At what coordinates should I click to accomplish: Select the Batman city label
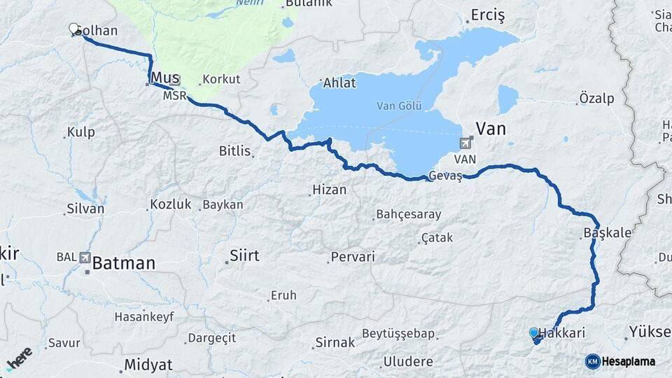(124, 264)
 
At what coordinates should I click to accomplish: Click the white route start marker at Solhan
(73, 28)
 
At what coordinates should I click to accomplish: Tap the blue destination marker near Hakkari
(534, 333)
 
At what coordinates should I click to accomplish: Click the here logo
(19, 359)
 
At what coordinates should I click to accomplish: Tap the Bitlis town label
(235, 150)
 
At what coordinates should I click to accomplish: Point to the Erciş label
(488, 15)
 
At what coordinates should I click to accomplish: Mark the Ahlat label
(339, 83)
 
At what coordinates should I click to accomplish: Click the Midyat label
(148, 365)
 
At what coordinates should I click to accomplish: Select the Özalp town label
(596, 98)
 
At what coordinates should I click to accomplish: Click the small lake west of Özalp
(507, 99)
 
